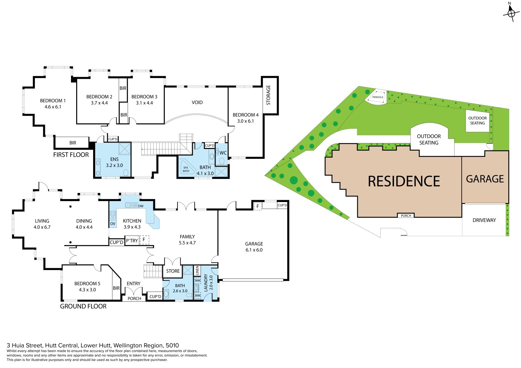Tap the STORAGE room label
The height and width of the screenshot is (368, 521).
click(x=268, y=95)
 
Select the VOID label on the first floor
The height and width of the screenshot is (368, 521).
click(x=197, y=102)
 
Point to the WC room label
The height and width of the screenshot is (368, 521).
click(x=223, y=153)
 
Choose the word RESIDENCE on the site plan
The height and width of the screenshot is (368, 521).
click(x=404, y=181)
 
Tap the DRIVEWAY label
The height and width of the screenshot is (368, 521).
click(x=484, y=220)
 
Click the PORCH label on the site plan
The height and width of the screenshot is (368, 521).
click(x=406, y=216)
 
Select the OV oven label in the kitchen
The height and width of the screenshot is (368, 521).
click(x=113, y=224)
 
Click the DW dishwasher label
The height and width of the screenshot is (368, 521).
click(x=141, y=206)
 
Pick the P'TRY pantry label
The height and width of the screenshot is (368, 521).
click(x=132, y=240)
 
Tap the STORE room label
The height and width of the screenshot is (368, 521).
click(x=173, y=271)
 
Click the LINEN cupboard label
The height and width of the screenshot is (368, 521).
click(x=197, y=271)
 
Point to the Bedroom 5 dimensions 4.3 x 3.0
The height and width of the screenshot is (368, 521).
click(x=87, y=290)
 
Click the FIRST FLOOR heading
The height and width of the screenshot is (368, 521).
click(x=71, y=155)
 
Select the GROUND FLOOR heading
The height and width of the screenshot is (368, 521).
click(x=83, y=307)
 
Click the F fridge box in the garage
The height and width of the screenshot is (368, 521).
click(x=258, y=206)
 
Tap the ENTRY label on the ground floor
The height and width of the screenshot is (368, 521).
click(x=134, y=284)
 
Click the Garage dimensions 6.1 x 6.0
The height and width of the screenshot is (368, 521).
click(x=254, y=250)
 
